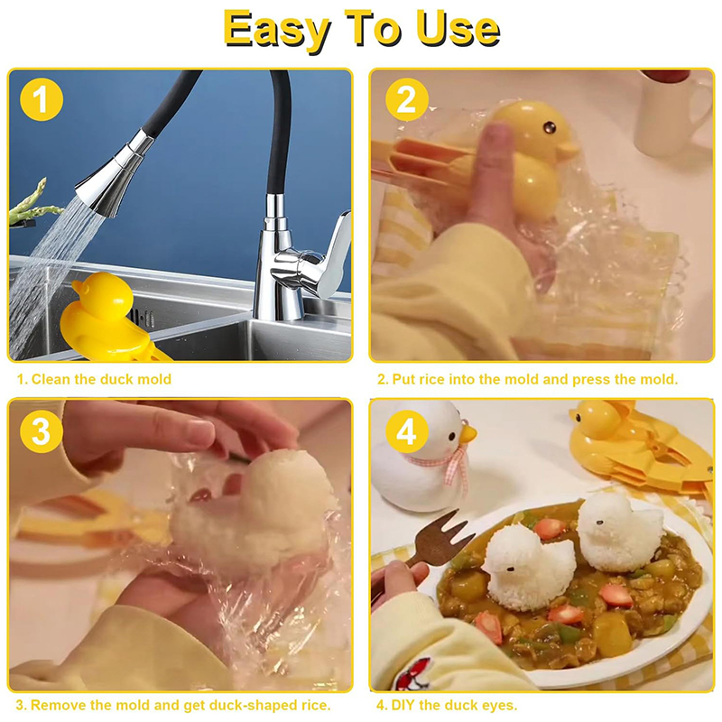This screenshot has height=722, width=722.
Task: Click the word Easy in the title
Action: pos(276,29)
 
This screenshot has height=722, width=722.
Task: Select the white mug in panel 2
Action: pos(671,112)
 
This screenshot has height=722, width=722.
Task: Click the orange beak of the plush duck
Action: pos(467,434)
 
